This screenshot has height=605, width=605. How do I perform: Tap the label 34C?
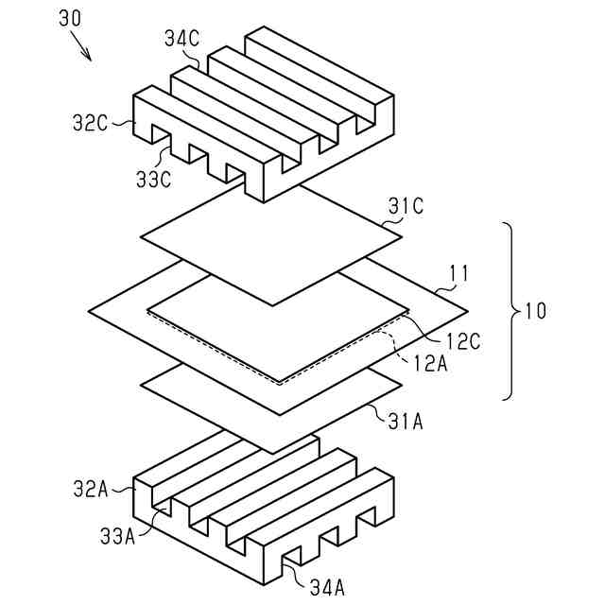180,40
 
